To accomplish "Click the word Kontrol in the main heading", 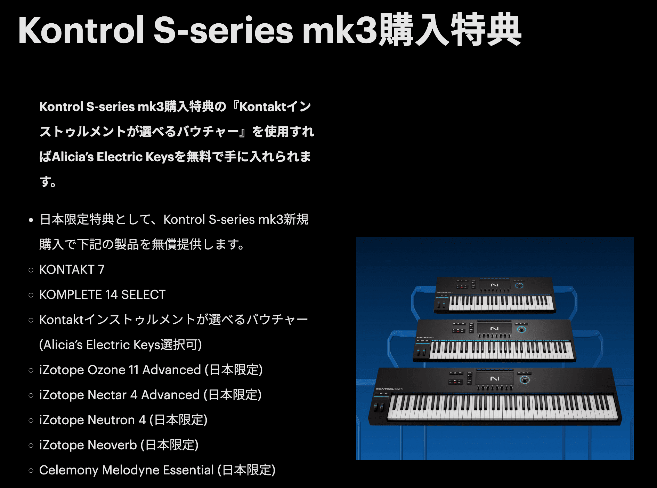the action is [x=81, y=30].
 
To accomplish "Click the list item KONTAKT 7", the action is [x=72, y=269].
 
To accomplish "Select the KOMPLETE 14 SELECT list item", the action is [x=102, y=294].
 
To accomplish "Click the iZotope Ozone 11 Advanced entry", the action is [x=151, y=370].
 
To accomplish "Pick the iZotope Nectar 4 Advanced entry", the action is [x=150, y=395].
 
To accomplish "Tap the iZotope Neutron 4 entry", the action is [x=123, y=420].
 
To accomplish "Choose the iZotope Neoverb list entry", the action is [x=119, y=445].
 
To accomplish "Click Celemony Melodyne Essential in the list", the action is [x=157, y=470].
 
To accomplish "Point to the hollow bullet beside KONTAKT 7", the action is [x=31, y=270].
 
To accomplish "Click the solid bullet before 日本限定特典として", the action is [x=31, y=220].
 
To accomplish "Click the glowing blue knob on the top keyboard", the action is [x=519, y=285].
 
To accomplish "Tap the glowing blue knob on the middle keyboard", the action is [x=521, y=329].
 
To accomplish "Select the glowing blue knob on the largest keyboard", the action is [x=525, y=379].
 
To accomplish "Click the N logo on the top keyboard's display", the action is [x=495, y=285].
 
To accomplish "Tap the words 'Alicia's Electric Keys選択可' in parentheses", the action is [x=121, y=345].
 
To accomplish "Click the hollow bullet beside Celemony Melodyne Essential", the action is [x=31, y=470].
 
